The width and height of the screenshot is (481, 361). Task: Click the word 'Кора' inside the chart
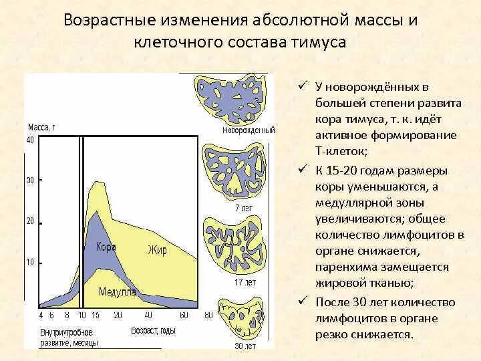[106, 247]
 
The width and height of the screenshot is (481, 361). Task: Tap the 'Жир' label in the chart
[157, 250]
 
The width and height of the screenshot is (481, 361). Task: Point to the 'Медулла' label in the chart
[118, 291]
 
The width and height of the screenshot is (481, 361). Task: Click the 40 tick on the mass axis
[30, 140]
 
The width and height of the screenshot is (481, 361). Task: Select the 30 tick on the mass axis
[30, 180]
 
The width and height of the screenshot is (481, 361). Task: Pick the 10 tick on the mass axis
[30, 262]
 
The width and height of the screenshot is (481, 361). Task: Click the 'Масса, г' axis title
[41, 126]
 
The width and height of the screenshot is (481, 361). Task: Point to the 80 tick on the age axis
[208, 315]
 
